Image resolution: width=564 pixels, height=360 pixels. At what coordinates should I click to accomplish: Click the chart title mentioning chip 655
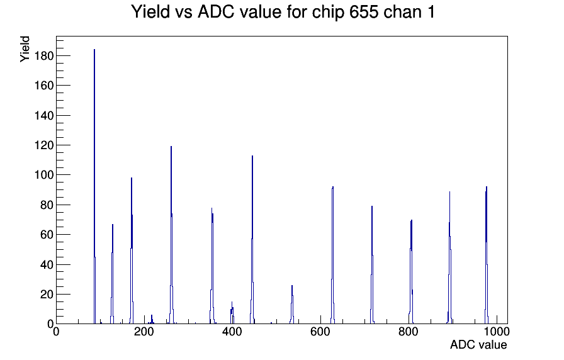click(283, 12)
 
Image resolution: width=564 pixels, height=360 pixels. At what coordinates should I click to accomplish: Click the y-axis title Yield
click(25, 49)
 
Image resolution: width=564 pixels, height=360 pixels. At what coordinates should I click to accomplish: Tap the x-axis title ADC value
click(478, 344)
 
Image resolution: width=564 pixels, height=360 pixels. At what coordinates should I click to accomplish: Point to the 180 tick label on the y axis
click(44, 56)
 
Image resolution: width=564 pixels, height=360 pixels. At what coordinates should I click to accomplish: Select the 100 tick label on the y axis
click(44, 175)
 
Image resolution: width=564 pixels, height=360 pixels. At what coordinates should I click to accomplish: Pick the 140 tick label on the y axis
click(44, 115)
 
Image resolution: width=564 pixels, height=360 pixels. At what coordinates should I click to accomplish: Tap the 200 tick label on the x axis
click(144, 332)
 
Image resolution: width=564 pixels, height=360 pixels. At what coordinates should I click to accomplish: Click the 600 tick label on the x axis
click(320, 332)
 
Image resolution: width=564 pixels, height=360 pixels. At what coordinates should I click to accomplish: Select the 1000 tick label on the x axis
click(497, 332)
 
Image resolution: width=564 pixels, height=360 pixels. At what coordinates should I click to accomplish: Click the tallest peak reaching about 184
click(94, 186)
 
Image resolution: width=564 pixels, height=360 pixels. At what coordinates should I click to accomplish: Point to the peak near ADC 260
click(171, 235)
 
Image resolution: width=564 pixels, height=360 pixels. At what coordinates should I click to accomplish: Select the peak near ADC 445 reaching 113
click(252, 240)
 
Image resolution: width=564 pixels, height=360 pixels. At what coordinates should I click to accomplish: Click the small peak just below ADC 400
click(232, 313)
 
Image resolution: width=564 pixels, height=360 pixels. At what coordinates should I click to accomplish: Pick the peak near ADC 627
click(333, 255)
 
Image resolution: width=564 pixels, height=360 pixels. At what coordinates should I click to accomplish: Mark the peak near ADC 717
click(372, 265)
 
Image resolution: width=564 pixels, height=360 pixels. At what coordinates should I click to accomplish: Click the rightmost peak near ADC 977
click(487, 255)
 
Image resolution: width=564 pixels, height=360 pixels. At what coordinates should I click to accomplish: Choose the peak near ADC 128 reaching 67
click(113, 274)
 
